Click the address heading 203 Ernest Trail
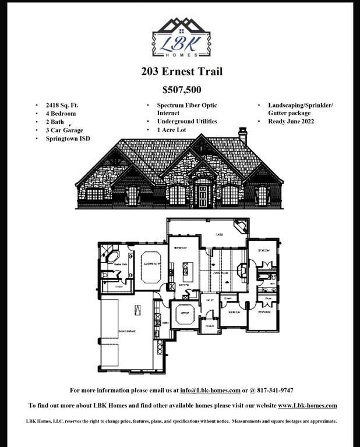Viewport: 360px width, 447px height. click(x=181, y=72)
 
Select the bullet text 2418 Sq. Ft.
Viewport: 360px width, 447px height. click(x=62, y=105)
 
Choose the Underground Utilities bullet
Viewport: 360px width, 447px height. click(x=186, y=121)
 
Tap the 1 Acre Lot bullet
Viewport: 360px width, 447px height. click(x=171, y=130)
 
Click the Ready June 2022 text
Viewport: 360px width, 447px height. click(x=291, y=121)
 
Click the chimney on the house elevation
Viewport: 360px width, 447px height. click(x=243, y=136)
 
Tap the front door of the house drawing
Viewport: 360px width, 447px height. click(x=203, y=197)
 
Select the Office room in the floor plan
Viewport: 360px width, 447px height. click(x=185, y=312)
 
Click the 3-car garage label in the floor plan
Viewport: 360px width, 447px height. click(x=127, y=331)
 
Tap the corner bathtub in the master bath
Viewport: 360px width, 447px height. click(x=111, y=256)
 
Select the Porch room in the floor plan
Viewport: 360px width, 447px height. click(x=209, y=325)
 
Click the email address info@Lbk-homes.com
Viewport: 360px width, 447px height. click(x=210, y=391)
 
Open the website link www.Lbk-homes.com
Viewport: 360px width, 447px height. click(x=307, y=406)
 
